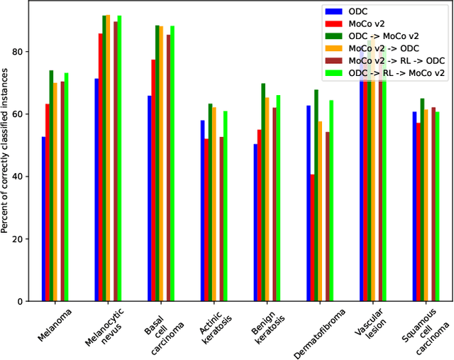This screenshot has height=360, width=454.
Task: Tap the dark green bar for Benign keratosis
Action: point(263,192)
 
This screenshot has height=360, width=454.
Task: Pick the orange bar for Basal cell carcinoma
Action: point(161,163)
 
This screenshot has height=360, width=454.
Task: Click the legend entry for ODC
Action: point(358,12)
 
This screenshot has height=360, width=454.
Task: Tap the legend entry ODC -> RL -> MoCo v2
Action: point(397,72)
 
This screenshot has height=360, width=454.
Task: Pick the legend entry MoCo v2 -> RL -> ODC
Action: point(397,60)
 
